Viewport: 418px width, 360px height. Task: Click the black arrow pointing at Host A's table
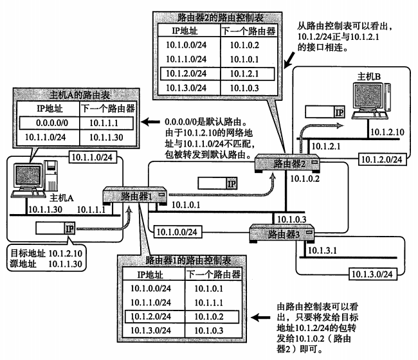152,122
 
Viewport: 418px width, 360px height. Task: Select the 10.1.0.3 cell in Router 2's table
239,87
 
